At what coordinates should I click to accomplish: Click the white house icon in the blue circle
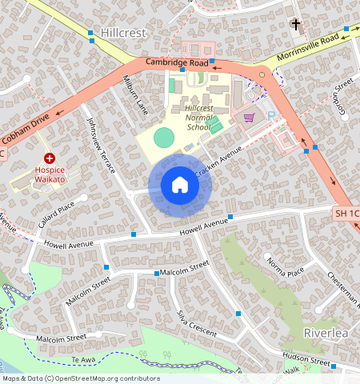[180, 185]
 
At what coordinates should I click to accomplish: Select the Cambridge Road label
[177, 62]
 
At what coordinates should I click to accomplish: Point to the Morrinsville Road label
[309, 49]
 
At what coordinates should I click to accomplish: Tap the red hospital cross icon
[50, 159]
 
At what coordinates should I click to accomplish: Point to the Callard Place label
[55, 215]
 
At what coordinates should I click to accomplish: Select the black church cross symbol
[295, 25]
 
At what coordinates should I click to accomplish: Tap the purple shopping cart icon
[249, 118]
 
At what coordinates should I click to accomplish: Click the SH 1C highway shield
[347, 214]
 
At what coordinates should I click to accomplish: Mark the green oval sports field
[163, 137]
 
